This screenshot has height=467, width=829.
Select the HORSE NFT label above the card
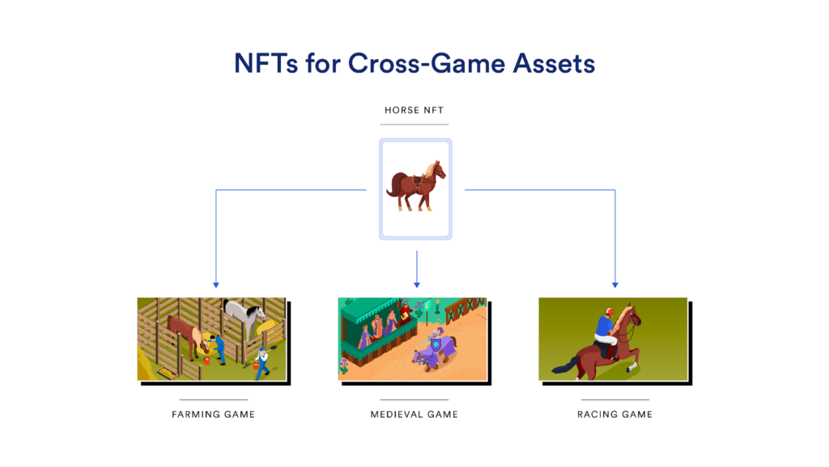[x=414, y=110]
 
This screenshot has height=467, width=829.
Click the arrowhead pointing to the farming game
[x=215, y=285]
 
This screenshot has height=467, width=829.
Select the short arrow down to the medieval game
[x=416, y=270]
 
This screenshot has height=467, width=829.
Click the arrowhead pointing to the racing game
[x=614, y=285]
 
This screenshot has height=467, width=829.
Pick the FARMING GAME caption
[x=214, y=414]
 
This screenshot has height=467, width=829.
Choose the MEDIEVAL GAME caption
[x=414, y=414]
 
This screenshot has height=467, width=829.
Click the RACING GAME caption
[x=614, y=414]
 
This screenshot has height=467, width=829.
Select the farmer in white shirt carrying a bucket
[x=261, y=360]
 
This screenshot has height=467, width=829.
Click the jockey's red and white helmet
[x=608, y=310]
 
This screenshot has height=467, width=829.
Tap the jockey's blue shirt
[x=603, y=325]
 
